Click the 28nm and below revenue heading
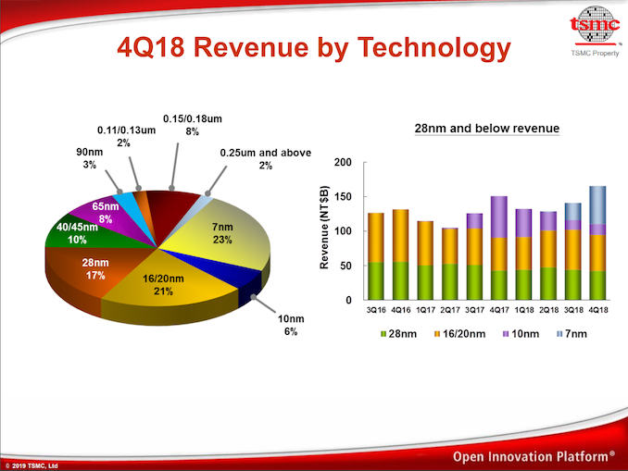[486, 128]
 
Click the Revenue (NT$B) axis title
[325, 229]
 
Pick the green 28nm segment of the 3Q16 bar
[376, 281]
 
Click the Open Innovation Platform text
[534, 456]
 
